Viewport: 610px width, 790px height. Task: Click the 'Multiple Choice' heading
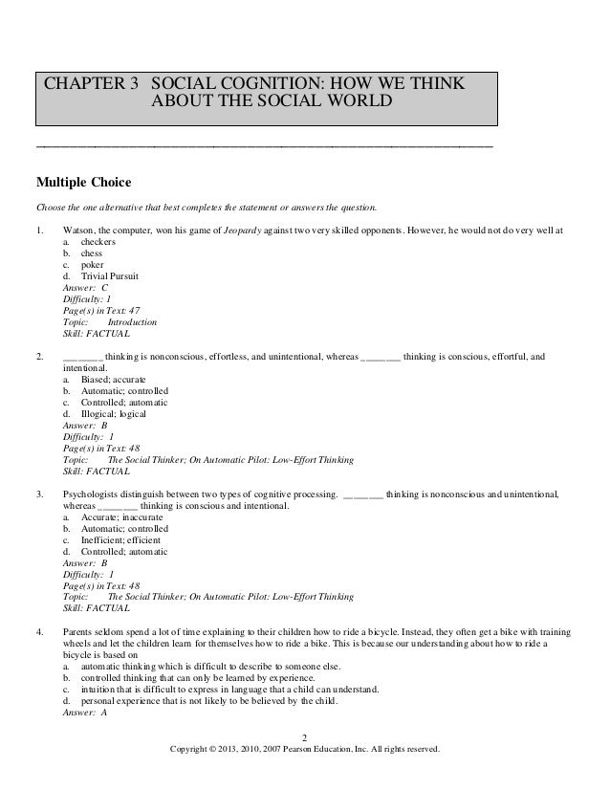tap(83, 182)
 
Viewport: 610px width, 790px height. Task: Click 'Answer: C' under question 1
tap(85, 288)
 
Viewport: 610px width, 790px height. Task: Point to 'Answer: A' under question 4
tap(85, 712)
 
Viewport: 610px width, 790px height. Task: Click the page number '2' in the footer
tap(304, 737)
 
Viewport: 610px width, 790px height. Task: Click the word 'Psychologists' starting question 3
tap(91, 494)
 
